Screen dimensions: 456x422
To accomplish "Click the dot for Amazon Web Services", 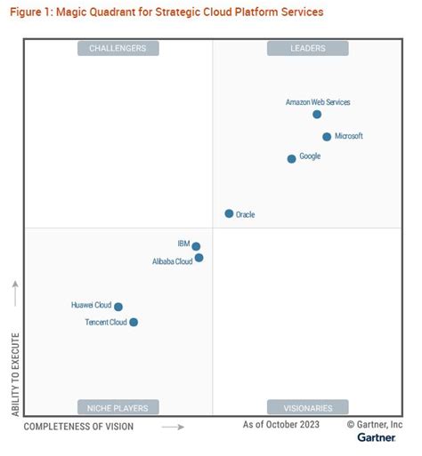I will click(317, 114).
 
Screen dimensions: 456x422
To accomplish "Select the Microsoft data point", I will click(327, 137).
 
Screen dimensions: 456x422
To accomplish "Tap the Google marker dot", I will click(291, 159).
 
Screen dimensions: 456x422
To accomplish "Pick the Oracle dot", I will click(229, 213).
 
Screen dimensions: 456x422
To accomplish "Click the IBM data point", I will click(196, 247).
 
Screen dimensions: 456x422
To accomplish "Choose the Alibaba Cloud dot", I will click(199, 258).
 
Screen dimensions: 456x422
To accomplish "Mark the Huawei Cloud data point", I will click(118, 307).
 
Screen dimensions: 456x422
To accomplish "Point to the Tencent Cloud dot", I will click(134, 323).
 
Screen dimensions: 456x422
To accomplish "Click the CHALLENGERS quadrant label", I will click(118, 48).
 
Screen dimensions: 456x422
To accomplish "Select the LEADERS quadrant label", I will click(308, 48).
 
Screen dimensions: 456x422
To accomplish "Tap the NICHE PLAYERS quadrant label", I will click(118, 408).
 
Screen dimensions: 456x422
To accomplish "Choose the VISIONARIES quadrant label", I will click(308, 408).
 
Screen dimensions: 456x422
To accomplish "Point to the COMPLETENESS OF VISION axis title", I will click(78, 427).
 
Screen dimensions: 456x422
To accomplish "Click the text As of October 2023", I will click(281, 425).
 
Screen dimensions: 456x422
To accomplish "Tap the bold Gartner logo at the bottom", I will click(377, 438).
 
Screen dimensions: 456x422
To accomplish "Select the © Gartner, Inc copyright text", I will click(375, 425).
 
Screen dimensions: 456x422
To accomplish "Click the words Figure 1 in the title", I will click(34, 12).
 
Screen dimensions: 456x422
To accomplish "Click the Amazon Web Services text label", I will click(318, 102).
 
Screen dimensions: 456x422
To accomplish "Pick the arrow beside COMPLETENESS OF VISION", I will click(173, 427).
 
